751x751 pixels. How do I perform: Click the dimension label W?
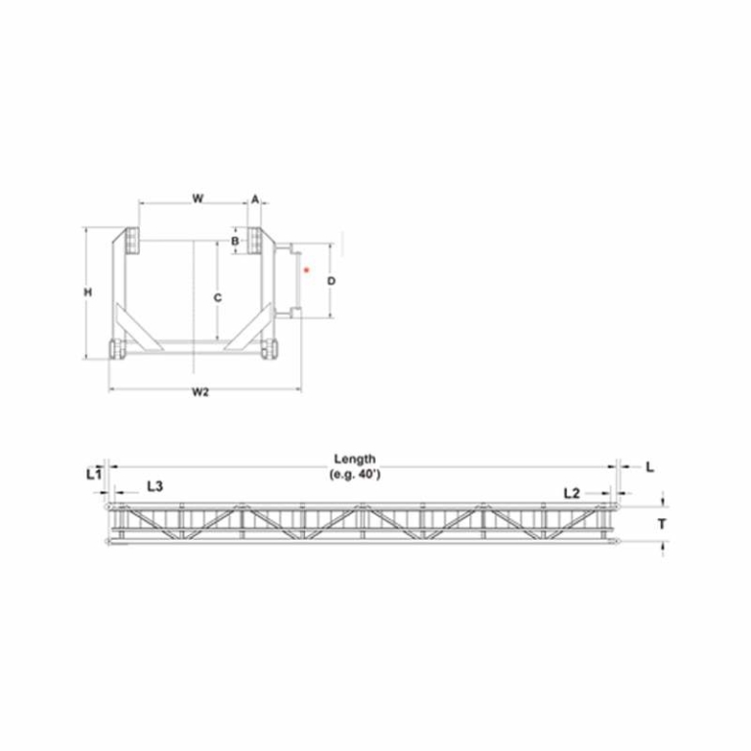pyautogui.click(x=198, y=199)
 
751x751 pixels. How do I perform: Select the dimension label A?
pyautogui.click(x=255, y=199)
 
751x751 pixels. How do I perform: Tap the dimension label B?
pyautogui.click(x=235, y=241)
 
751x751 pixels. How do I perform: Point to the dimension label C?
pyautogui.click(x=217, y=298)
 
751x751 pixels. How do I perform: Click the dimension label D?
pyautogui.click(x=331, y=281)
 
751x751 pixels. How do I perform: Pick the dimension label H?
pyautogui.click(x=88, y=292)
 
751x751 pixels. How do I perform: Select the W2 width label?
pyautogui.click(x=200, y=392)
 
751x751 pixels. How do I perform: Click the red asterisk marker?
pyautogui.click(x=307, y=270)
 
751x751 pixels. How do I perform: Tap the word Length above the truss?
pyautogui.click(x=355, y=459)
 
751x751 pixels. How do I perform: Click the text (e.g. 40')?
pyautogui.click(x=355, y=474)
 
